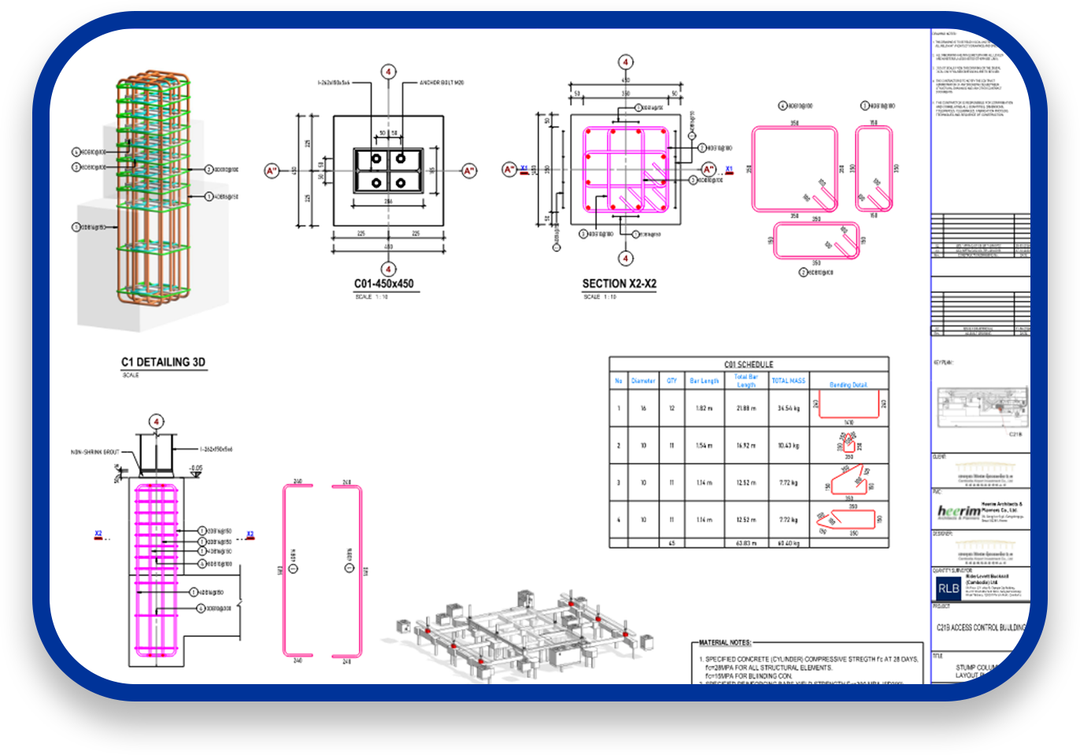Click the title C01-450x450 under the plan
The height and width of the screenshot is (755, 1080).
tap(383, 284)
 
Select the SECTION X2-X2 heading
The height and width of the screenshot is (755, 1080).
tap(619, 284)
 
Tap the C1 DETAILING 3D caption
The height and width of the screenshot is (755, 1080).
tap(163, 362)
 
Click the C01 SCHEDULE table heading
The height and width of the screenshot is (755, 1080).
tap(749, 365)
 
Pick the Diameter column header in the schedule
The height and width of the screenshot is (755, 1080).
tap(643, 381)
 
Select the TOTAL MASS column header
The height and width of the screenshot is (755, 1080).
tap(788, 381)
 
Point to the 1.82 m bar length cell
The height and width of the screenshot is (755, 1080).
tap(704, 409)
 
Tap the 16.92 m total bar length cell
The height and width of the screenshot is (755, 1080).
tap(745, 446)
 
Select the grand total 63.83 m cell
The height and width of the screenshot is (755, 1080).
tap(745, 543)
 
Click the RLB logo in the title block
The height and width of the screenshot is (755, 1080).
tap(949, 588)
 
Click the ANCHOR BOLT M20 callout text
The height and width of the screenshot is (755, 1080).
tap(442, 83)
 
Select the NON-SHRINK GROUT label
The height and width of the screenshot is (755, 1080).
tap(95, 452)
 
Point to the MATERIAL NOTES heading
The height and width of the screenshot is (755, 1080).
tap(725, 642)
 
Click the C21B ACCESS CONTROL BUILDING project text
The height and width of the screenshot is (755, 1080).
tap(981, 627)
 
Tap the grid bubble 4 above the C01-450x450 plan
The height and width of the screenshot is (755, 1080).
tap(388, 72)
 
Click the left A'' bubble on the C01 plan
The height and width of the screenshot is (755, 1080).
tap(272, 171)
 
